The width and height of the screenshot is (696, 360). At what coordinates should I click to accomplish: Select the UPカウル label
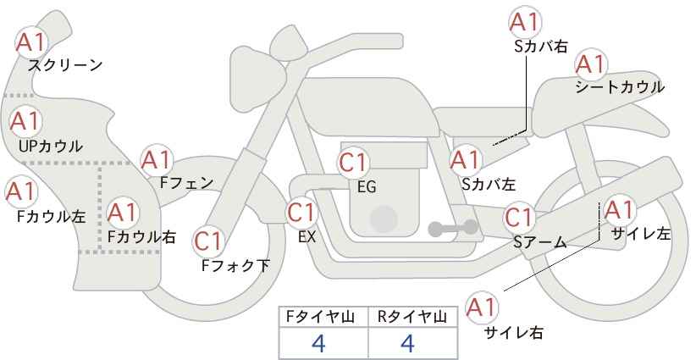tap(50, 147)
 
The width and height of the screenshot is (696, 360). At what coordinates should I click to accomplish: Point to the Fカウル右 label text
tap(141, 236)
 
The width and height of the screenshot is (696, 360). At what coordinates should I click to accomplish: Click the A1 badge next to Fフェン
tap(157, 160)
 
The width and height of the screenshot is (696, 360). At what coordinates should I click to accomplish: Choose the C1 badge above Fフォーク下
tap(208, 242)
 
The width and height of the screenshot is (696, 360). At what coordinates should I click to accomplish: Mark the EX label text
tap(307, 236)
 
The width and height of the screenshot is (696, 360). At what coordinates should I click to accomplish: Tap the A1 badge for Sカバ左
tap(466, 159)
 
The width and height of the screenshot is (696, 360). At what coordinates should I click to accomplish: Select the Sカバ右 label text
tap(540, 47)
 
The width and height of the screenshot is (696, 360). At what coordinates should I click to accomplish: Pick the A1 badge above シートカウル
tap(589, 64)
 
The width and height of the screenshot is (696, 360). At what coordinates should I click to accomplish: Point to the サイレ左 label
tap(640, 233)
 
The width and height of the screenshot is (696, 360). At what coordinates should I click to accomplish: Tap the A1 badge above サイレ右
tap(483, 307)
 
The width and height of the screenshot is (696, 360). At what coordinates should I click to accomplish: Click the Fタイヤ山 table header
tap(323, 317)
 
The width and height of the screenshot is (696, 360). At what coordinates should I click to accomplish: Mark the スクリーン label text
tap(65, 65)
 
